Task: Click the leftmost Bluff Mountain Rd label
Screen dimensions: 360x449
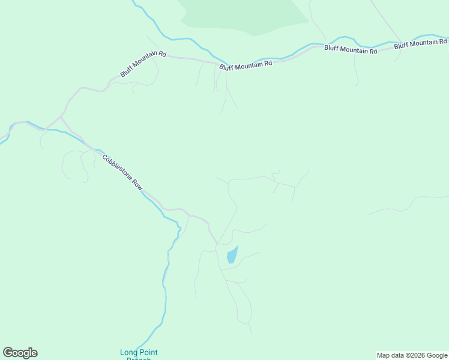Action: point(142,64)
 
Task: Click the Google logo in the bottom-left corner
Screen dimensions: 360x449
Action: point(20,353)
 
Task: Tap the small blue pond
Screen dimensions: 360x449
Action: point(232,256)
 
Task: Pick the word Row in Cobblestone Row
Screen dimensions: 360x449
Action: point(136,184)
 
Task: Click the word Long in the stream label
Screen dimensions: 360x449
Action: point(128,352)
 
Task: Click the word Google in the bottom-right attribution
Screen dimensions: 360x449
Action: point(438,355)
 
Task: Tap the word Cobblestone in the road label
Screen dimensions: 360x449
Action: point(117,167)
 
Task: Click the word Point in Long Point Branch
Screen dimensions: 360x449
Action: point(148,352)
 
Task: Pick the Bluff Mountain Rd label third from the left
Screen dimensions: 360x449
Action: point(351,50)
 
